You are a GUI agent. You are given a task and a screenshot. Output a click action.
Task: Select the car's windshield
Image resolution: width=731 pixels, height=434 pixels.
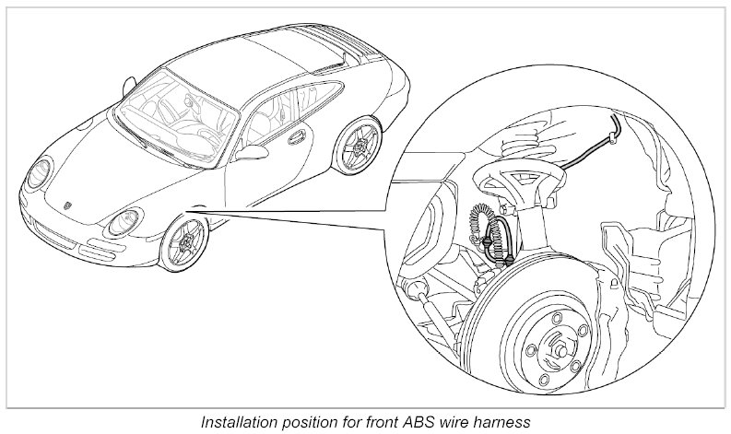(171, 120)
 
